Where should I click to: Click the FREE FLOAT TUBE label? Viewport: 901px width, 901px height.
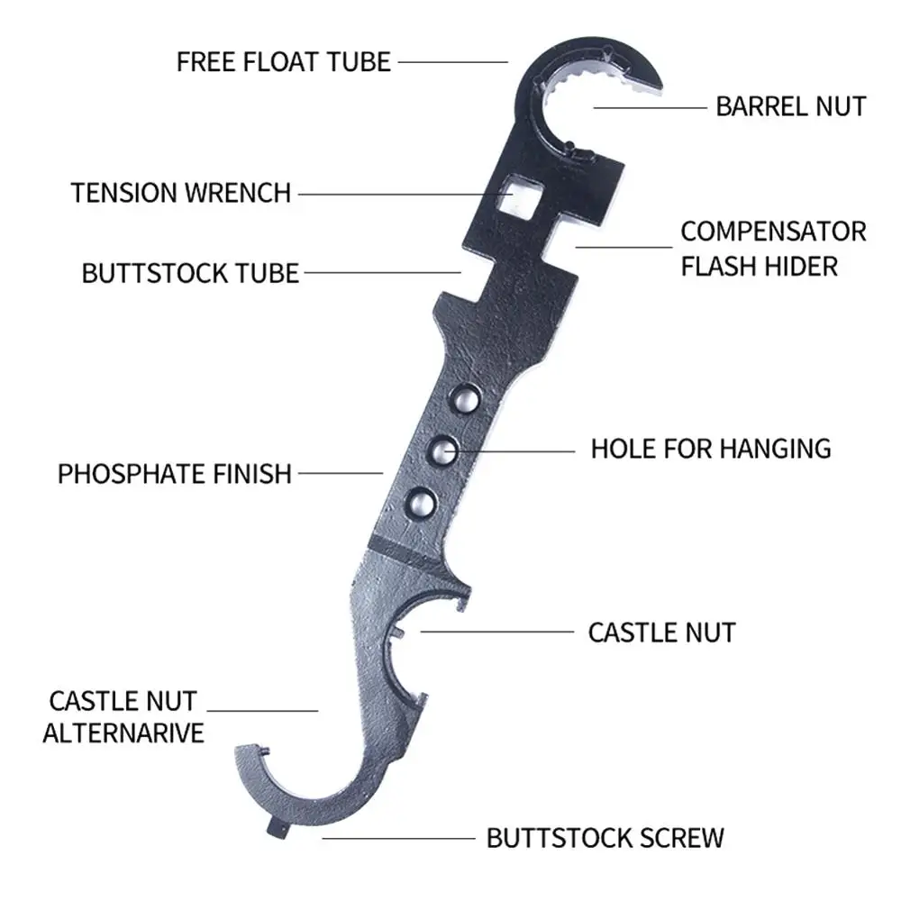coord(283,62)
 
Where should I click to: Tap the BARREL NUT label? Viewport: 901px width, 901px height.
coord(791,107)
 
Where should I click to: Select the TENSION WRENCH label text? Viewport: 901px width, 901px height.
coord(180,193)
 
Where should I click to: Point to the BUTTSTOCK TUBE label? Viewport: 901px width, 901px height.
coord(190,274)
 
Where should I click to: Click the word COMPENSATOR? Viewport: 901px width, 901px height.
coord(773,232)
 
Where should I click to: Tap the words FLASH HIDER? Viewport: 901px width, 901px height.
coord(759,267)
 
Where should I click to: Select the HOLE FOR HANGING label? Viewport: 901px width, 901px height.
coord(711,449)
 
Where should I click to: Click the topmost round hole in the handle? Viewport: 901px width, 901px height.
coord(465,399)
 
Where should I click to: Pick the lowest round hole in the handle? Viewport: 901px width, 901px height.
coord(423,504)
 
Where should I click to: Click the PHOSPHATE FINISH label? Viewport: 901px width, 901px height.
coord(175,474)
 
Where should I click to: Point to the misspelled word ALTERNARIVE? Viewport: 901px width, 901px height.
coord(123,733)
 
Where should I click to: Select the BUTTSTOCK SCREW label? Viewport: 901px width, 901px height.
coord(605,838)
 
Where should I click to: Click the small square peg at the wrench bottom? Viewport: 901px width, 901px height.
coord(278,829)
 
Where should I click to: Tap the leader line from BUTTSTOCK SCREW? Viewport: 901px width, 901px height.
coord(399,838)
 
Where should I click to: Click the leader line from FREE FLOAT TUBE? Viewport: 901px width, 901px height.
coord(453,62)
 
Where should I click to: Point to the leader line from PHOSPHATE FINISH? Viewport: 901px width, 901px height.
coord(341,474)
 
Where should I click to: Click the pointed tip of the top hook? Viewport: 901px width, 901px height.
coord(660,86)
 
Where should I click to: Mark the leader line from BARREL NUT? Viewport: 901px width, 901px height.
coord(650,107)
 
